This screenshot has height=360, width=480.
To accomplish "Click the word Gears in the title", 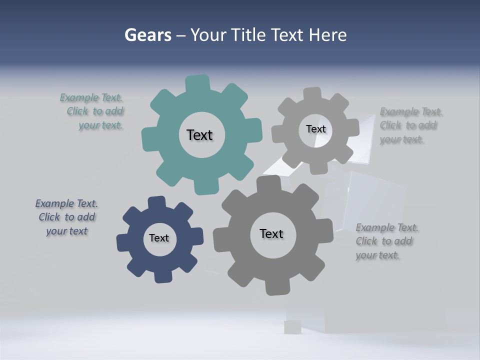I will (147, 35).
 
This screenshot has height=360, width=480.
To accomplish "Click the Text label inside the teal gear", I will (199, 135).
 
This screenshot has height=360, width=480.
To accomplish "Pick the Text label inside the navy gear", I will (159, 238).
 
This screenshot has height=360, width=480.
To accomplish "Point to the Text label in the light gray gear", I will (315, 129).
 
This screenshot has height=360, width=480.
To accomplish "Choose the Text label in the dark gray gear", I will (271, 233).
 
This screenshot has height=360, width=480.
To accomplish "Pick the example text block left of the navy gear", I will (66, 217).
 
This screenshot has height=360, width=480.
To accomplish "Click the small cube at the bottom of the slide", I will (292, 327).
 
